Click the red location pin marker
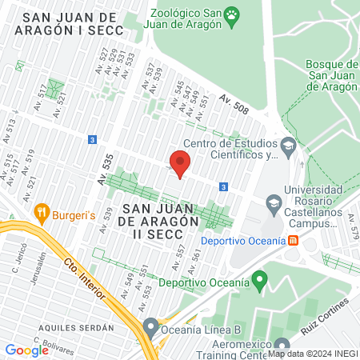[180, 164]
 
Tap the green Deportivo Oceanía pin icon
[258, 281]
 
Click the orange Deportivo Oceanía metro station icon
[294, 241]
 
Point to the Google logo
[26, 350]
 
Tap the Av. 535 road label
[104, 167]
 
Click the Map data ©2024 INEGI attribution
[312, 354]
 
